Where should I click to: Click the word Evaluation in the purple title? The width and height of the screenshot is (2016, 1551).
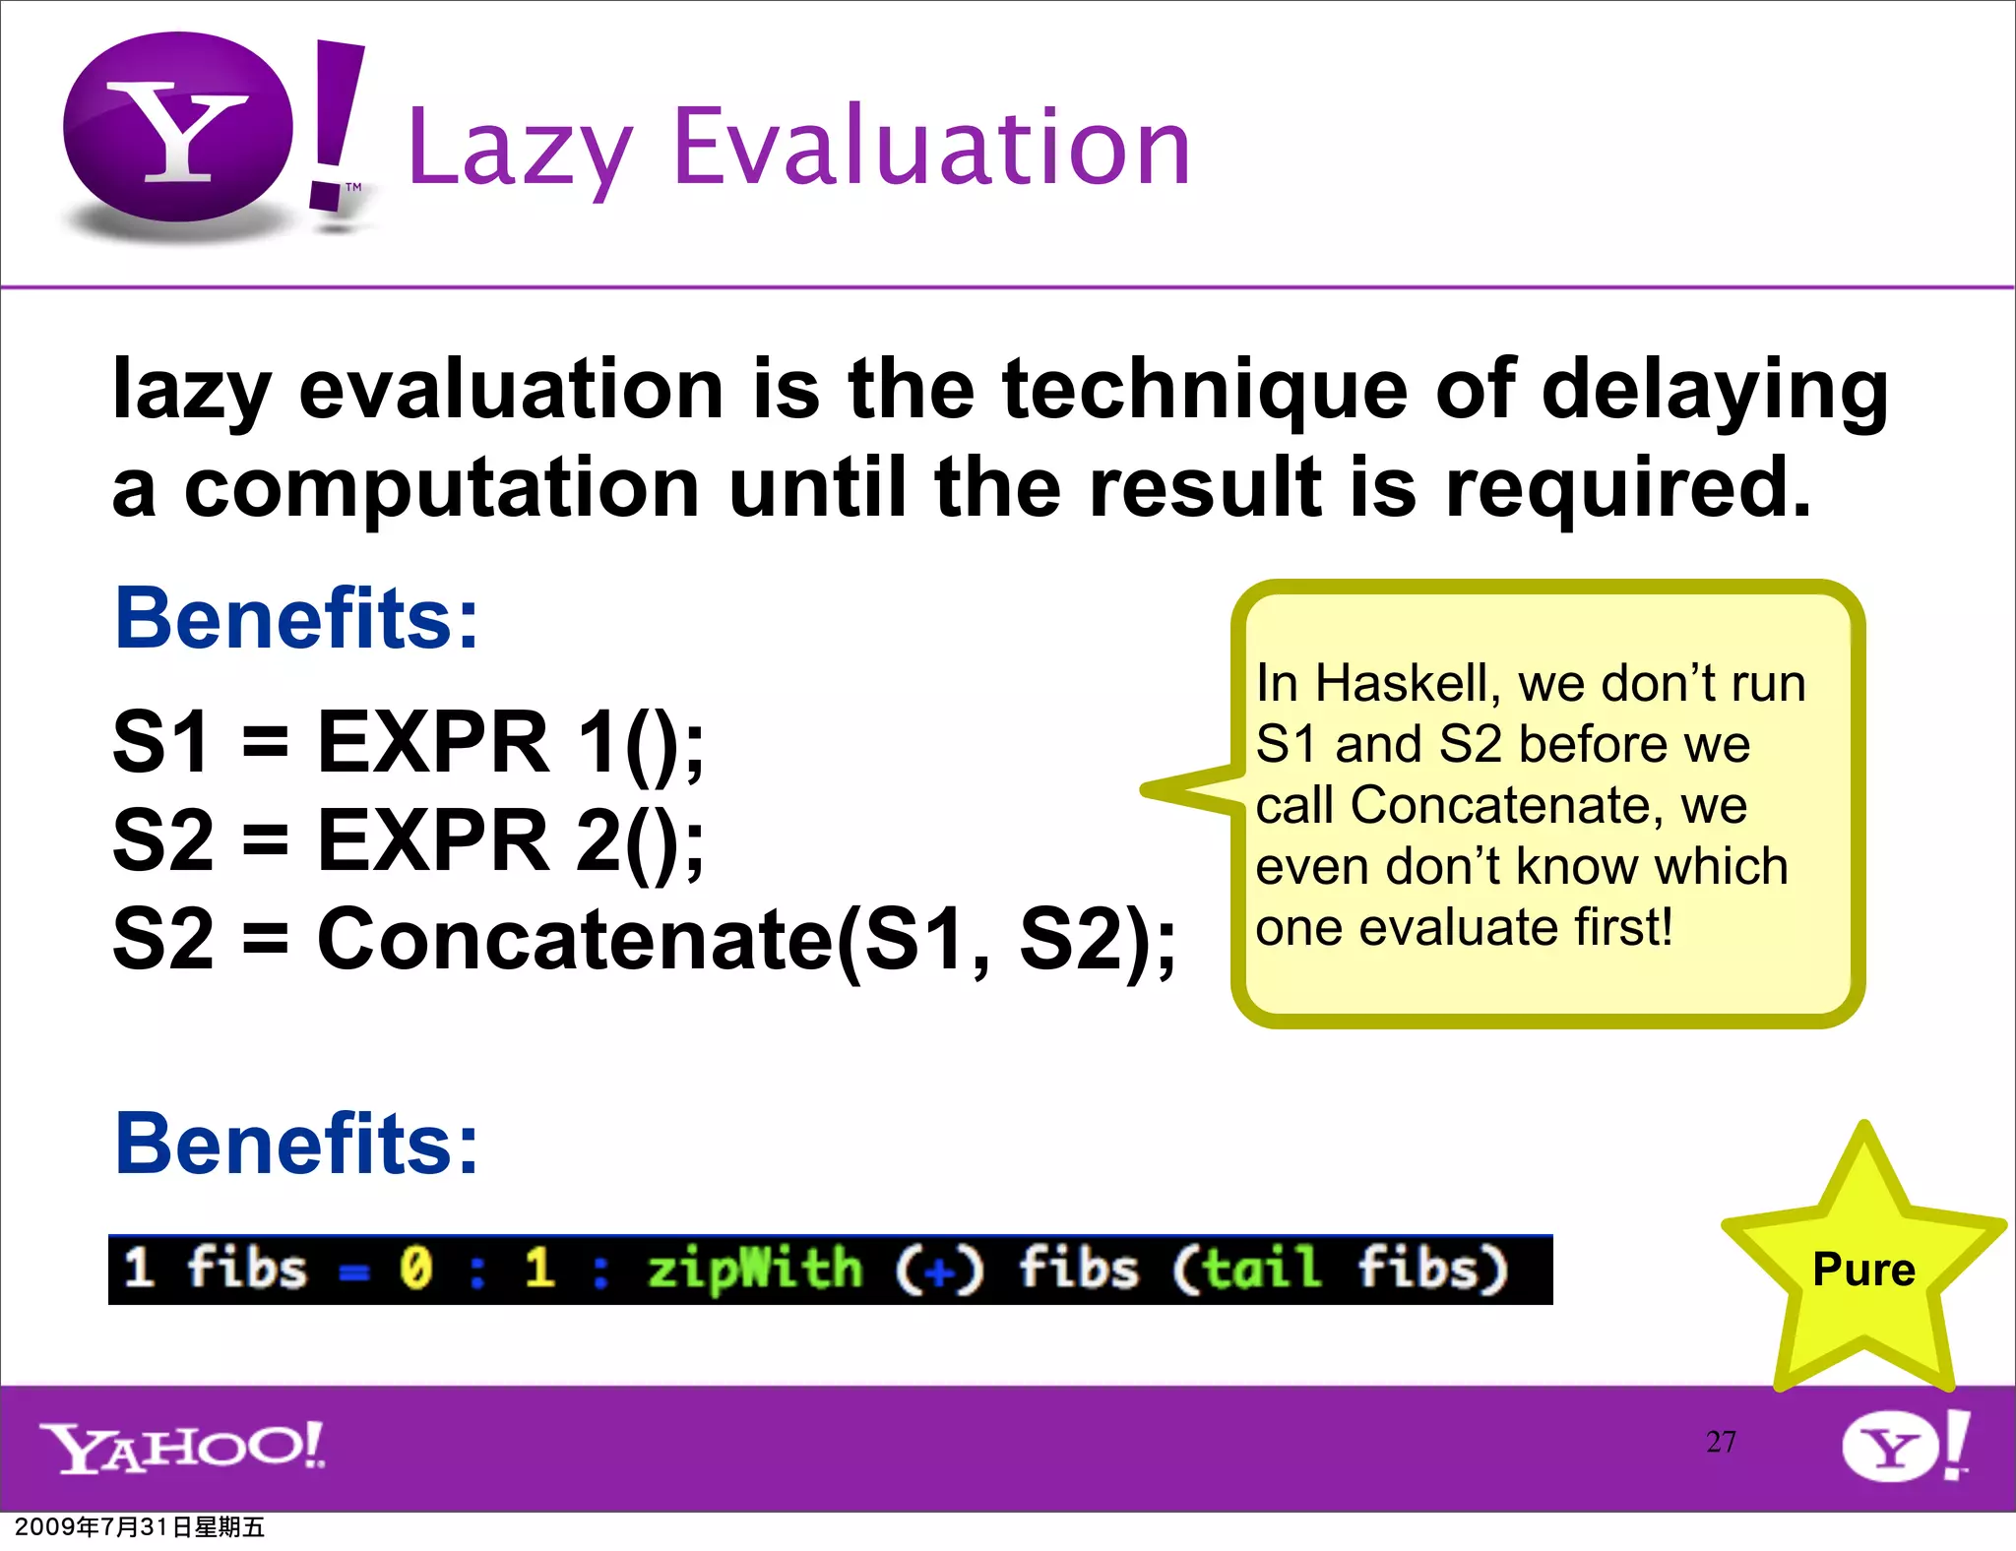[931, 148]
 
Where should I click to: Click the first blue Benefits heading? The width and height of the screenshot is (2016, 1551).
[296, 619]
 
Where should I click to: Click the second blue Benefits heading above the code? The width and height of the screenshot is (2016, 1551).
[296, 1144]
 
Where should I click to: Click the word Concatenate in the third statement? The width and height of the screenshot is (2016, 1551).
[575, 940]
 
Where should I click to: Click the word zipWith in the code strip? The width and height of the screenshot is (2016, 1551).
[754, 1268]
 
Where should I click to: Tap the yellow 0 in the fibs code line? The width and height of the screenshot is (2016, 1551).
[415, 1268]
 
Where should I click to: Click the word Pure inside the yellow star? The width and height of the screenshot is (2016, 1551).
[1863, 1270]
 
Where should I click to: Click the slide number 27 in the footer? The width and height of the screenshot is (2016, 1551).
[1721, 1442]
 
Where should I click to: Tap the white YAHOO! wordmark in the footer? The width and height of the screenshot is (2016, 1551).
[182, 1447]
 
